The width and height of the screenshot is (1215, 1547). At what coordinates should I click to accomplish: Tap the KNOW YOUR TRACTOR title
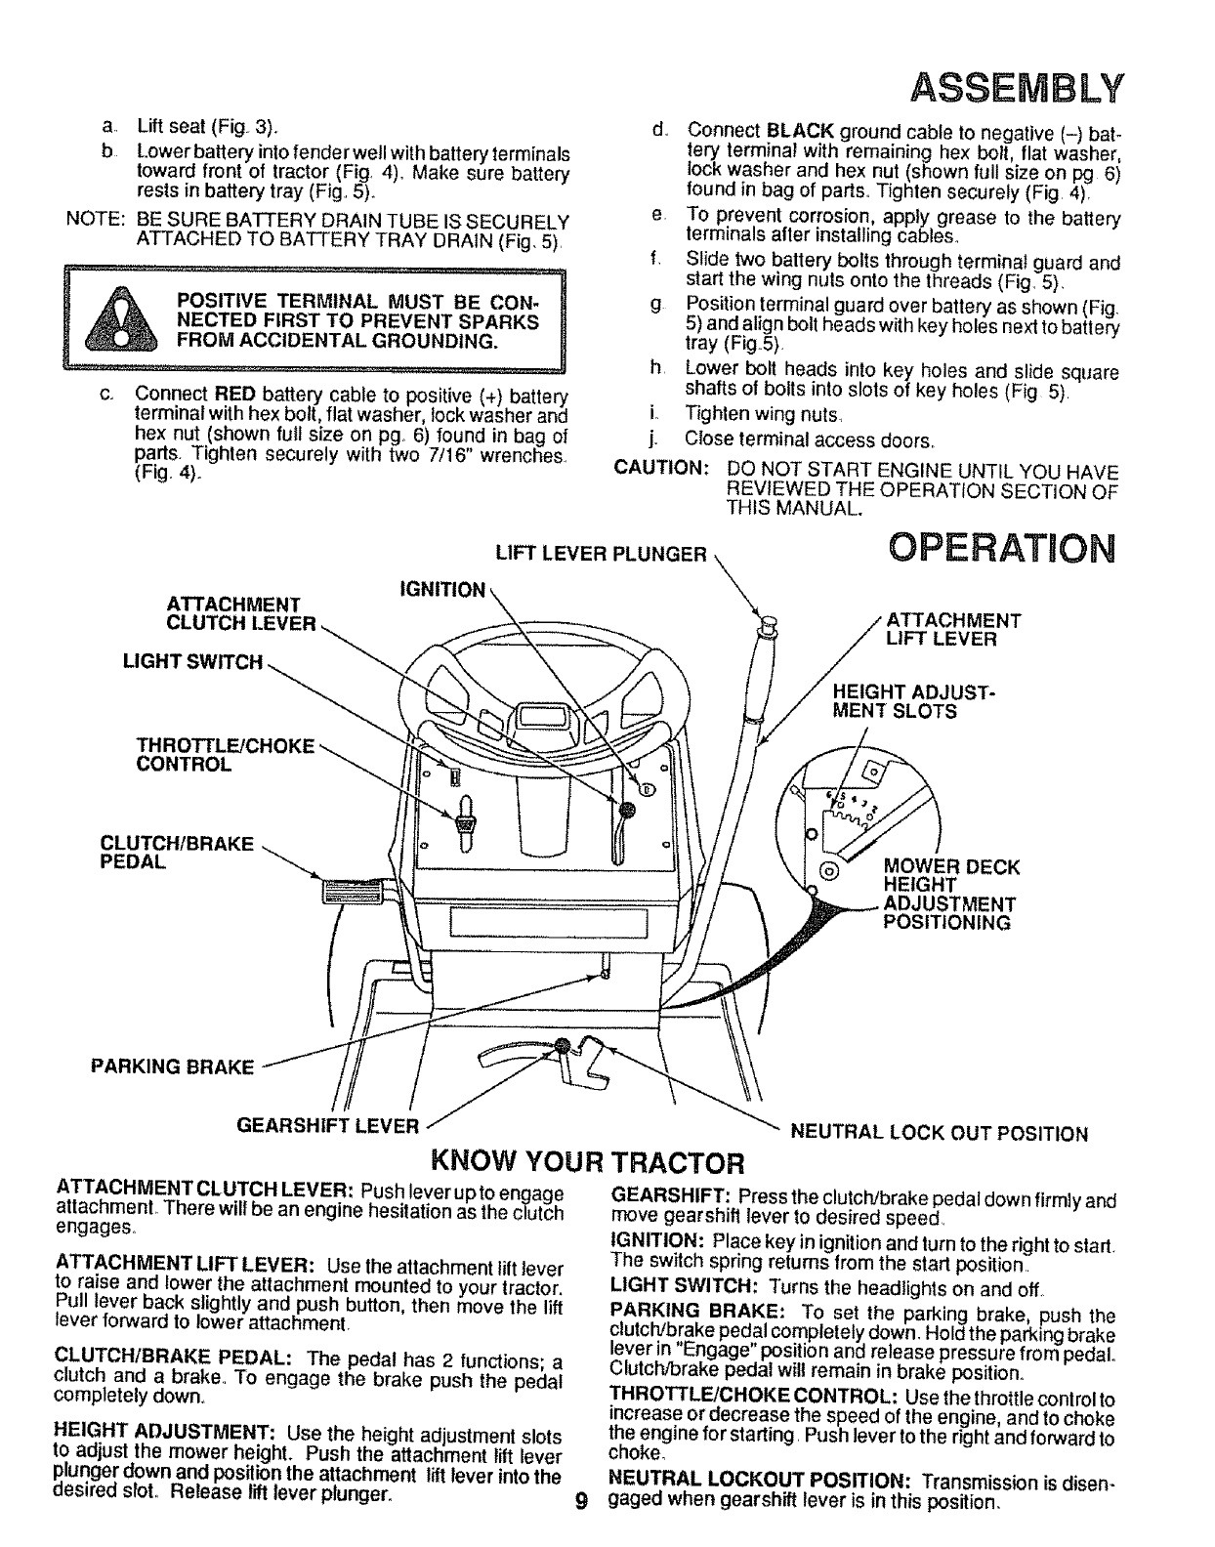point(589,1163)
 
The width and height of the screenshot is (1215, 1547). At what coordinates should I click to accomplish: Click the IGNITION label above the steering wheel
point(441,590)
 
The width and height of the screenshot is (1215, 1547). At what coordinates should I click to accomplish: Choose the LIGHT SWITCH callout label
point(192,663)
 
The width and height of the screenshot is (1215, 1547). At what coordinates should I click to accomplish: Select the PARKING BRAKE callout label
point(171,1066)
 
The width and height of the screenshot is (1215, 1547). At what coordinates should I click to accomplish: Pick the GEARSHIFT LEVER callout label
point(328,1124)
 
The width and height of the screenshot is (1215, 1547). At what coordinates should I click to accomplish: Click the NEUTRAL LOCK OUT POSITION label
point(938,1133)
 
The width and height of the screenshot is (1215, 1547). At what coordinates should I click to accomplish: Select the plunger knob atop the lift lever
point(763,621)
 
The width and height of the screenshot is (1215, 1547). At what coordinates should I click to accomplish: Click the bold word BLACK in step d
point(801,131)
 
